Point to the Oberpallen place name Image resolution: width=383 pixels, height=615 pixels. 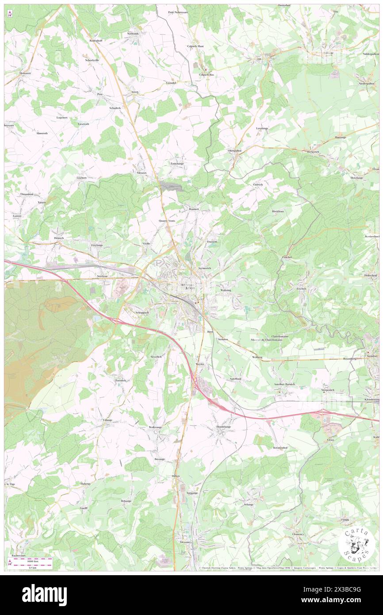pyautogui.click(x=234, y=150)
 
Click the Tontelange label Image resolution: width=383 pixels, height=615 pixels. pyautogui.click(x=177, y=164)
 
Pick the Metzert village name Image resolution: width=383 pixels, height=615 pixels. pyautogui.click(x=142, y=173)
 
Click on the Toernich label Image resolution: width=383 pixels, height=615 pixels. pyautogui.click(x=121, y=381)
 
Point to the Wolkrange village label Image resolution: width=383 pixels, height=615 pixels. pyautogui.click(x=155, y=427)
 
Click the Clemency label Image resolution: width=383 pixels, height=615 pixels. pyautogui.click(x=298, y=534)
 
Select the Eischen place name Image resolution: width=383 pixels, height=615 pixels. pyautogui.click(x=301, y=288)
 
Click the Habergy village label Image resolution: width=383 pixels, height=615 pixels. pyautogui.click(x=85, y=484)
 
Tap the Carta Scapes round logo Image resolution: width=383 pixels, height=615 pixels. pyautogui.click(x=356, y=545)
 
